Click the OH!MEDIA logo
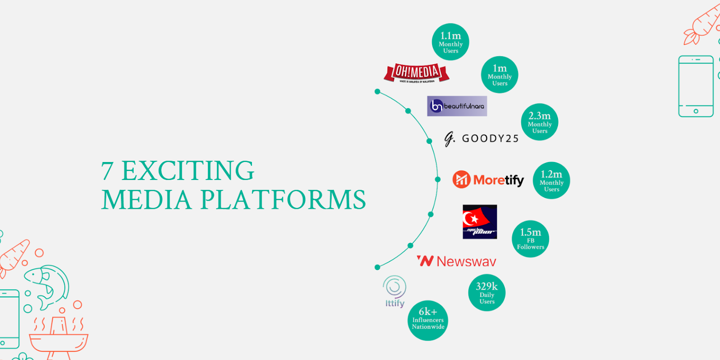click(416, 73)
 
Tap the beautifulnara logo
click(457, 106)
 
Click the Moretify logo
click(488, 180)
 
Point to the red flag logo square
click(480, 222)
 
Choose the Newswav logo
click(456, 261)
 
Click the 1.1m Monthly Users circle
click(450, 42)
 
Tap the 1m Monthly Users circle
click(499, 75)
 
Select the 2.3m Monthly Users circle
click(540, 122)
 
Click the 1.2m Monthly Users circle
click(551, 180)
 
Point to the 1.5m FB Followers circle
click(531, 239)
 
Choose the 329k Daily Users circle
click(487, 292)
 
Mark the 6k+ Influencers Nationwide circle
click(428, 320)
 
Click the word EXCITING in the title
click(188, 171)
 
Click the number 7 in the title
click(107, 171)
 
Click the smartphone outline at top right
click(696, 86)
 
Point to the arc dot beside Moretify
click(437, 179)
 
